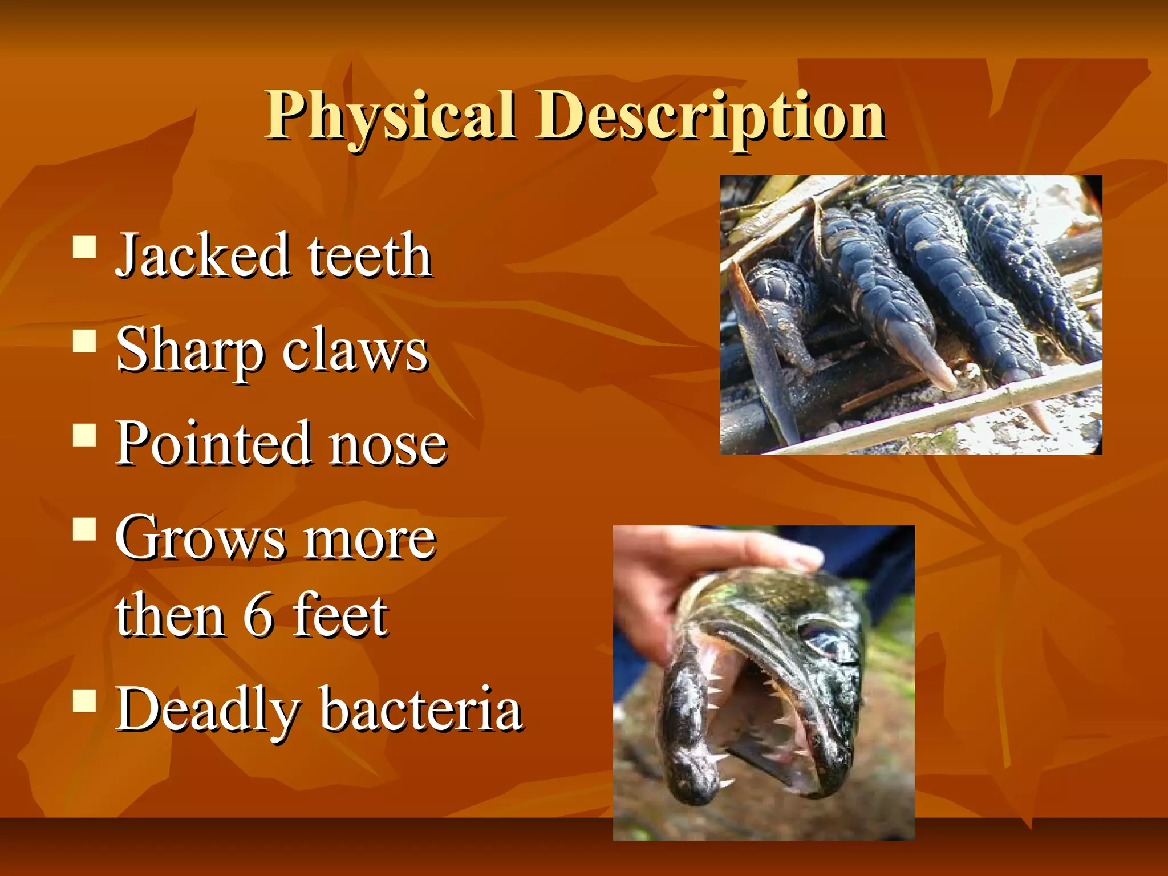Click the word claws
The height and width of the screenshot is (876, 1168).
click(x=354, y=351)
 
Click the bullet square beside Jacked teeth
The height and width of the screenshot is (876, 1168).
click(x=84, y=248)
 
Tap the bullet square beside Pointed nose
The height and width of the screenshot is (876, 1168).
click(x=84, y=435)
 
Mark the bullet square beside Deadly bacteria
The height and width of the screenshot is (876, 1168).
click(x=84, y=701)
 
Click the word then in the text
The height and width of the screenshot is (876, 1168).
click(x=170, y=616)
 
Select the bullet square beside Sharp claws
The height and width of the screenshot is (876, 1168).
click(x=84, y=342)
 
